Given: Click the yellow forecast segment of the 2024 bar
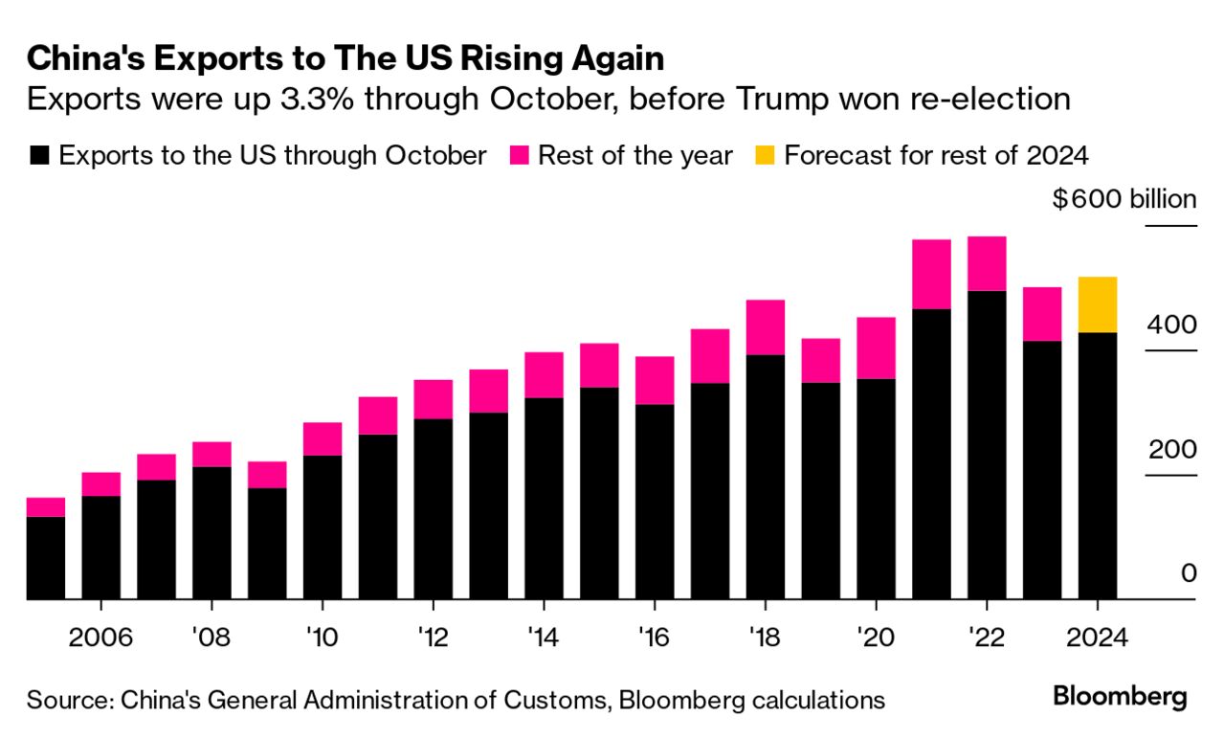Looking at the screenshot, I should (x=1098, y=304).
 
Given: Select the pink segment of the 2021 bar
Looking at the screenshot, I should (x=931, y=274).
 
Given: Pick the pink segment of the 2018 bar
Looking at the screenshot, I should (x=765, y=327).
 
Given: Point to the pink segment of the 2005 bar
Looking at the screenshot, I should (x=46, y=506).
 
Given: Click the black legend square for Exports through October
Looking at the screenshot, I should (x=39, y=156).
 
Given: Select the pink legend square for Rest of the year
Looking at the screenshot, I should (x=520, y=156).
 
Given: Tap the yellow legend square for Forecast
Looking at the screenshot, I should (x=766, y=156).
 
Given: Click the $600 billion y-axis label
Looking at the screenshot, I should (x=1124, y=200).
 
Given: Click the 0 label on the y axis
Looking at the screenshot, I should (x=1188, y=573).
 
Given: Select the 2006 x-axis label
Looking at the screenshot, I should (x=100, y=638).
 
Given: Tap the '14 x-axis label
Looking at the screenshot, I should (x=544, y=638).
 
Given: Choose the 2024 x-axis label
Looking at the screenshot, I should (x=1098, y=638).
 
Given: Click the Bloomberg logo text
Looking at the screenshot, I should (x=1120, y=696).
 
